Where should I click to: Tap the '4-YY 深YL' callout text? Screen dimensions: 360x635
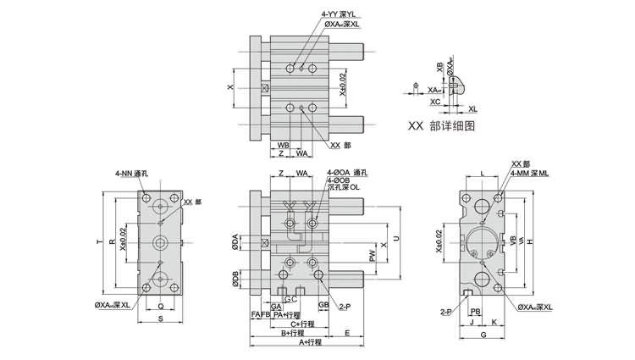click(340, 14)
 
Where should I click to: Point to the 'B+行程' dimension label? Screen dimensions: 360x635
click(294, 333)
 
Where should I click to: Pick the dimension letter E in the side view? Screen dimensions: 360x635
click(347, 333)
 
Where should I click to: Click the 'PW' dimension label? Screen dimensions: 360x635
click(372, 255)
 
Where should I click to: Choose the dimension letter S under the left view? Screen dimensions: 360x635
click(161, 318)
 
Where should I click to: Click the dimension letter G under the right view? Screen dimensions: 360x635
click(483, 336)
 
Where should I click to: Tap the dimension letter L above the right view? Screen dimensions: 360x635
click(482, 174)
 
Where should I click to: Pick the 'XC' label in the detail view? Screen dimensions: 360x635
click(434, 101)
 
